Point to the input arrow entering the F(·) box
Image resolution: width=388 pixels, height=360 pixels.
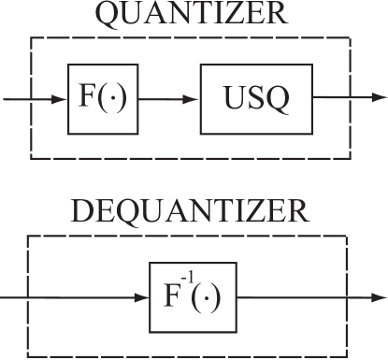(36, 97)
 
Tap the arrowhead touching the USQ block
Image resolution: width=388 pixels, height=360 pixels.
(194, 97)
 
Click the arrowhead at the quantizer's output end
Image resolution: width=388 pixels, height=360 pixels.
(380, 97)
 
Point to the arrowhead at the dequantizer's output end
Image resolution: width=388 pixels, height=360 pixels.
(380, 299)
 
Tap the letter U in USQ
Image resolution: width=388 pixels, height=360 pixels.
(234, 97)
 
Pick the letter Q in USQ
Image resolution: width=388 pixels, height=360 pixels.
(277, 98)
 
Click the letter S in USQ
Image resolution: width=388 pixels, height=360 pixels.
(255, 97)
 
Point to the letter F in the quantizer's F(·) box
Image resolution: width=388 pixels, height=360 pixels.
(85, 97)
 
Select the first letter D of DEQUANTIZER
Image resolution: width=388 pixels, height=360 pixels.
(82, 211)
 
